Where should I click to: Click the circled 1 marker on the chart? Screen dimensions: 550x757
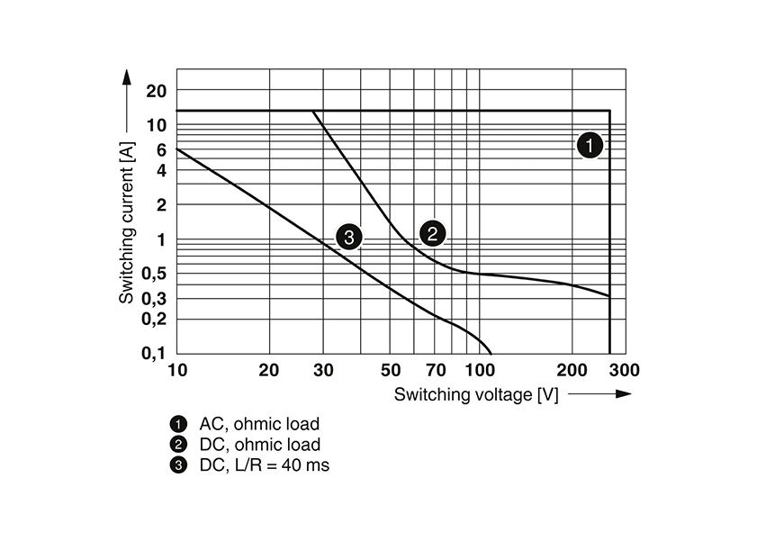tap(589, 145)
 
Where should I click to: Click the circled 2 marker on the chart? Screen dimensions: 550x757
tap(432, 234)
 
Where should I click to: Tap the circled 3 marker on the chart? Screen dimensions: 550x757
tap(348, 238)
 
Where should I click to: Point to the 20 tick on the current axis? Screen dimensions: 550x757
tap(157, 91)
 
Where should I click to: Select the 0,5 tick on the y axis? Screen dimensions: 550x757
tap(154, 274)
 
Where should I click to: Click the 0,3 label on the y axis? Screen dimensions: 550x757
tap(154, 298)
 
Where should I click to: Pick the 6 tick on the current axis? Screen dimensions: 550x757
tap(162, 149)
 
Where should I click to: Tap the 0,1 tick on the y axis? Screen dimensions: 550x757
tap(154, 354)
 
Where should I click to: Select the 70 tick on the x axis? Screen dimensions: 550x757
tap(436, 370)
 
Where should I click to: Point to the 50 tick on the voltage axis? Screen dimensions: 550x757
tap(390, 370)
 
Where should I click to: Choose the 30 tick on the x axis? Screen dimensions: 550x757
tap(323, 370)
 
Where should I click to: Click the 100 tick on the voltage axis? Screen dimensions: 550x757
tap(480, 370)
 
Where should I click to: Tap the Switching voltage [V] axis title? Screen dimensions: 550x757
tap(475, 394)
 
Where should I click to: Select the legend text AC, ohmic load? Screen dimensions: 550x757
tap(259, 423)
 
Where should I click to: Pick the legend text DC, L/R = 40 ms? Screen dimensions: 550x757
tap(265, 465)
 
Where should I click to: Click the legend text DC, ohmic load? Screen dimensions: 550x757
tap(259, 445)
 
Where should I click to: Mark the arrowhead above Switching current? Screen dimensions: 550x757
tap(126, 76)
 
